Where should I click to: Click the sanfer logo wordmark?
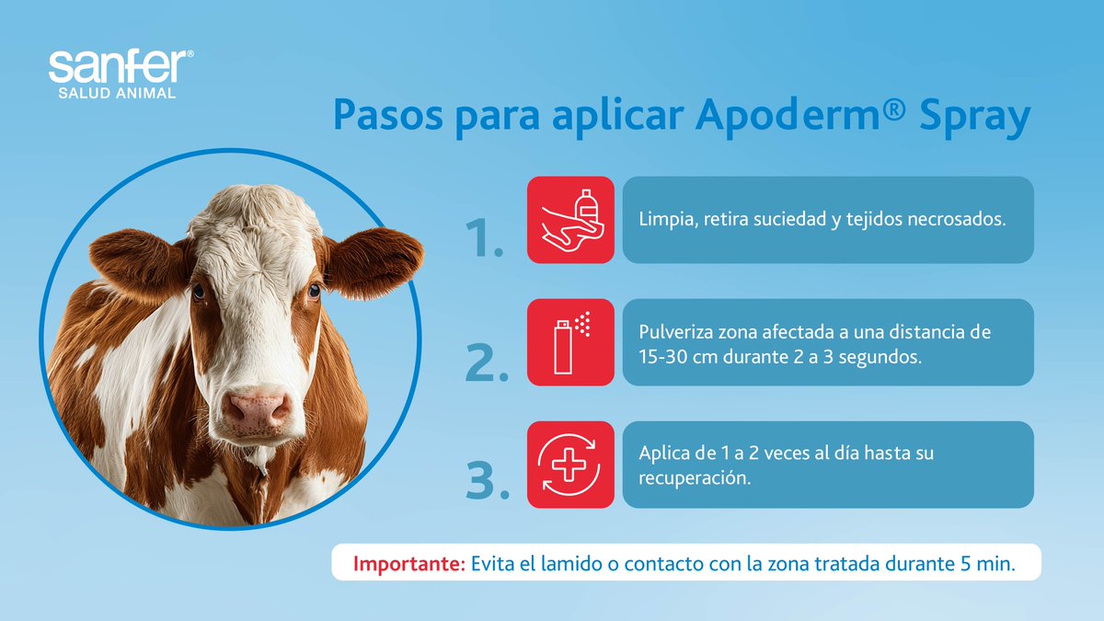121,68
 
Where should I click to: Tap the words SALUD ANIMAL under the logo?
117,93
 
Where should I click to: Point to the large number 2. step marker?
487,363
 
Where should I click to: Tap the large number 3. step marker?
487,483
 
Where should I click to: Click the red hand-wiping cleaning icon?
570,220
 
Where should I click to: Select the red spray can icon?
570,342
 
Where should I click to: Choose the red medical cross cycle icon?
570,465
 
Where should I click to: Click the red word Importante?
408,564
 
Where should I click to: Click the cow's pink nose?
259,408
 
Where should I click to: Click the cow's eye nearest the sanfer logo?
198,292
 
